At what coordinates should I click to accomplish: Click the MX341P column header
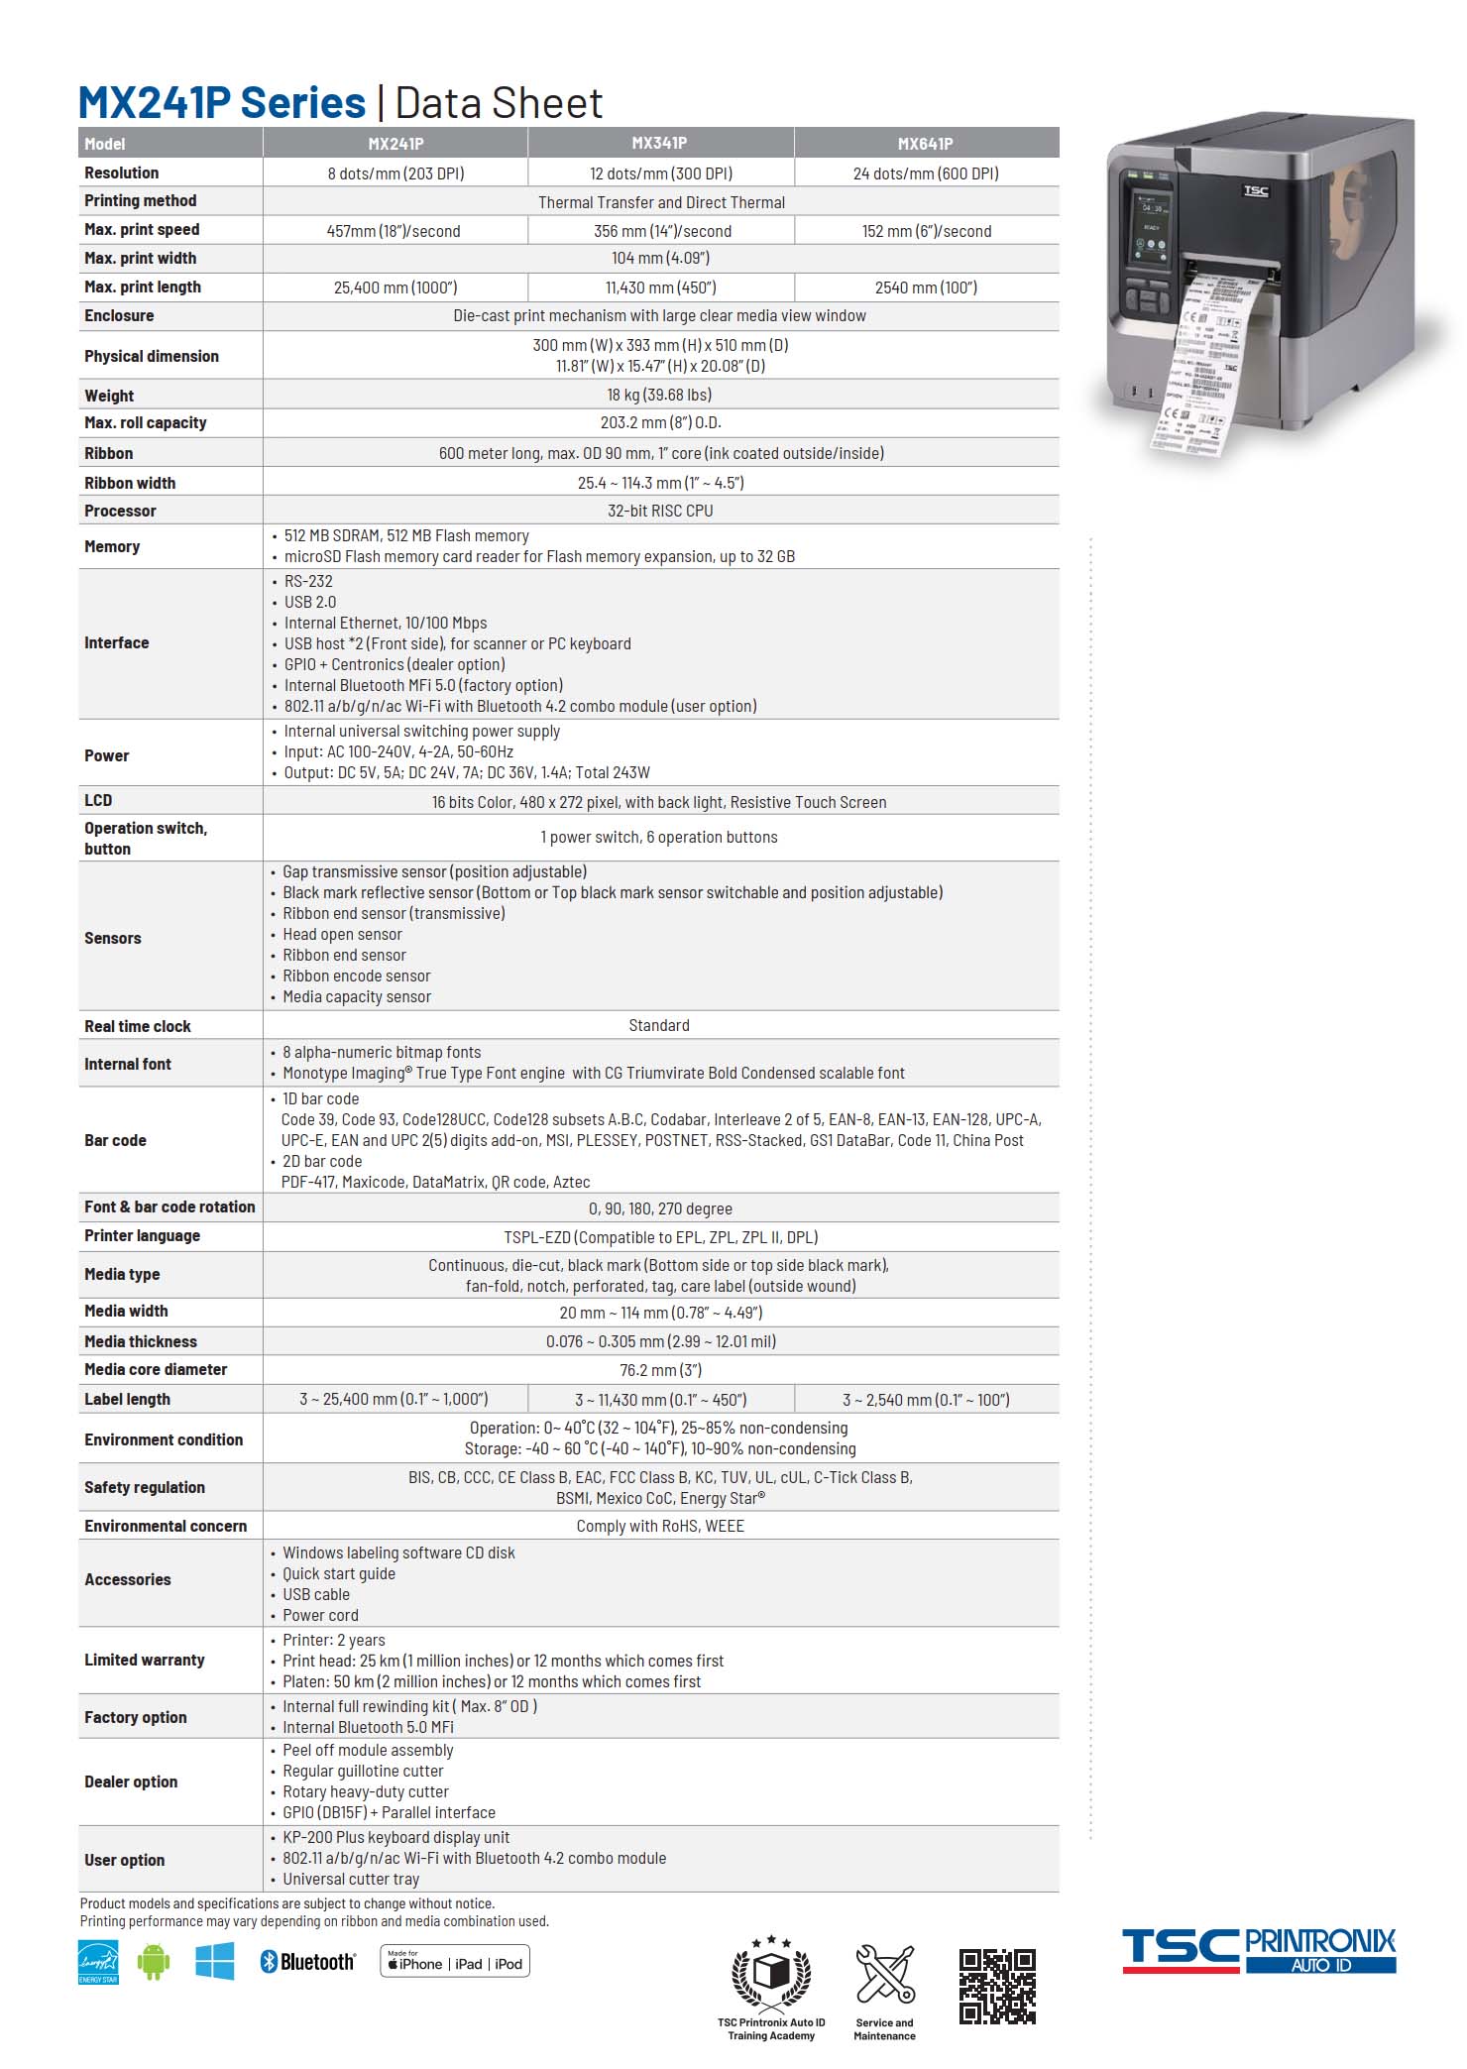tap(659, 144)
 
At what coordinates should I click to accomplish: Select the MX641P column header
tap(925, 144)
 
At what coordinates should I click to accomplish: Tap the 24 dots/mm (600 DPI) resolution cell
tap(926, 173)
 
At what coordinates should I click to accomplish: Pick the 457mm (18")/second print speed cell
tap(394, 231)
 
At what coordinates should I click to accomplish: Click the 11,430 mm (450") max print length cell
tap(660, 287)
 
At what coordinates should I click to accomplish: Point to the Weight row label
tap(109, 396)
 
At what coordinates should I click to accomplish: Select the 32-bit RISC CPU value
tap(660, 511)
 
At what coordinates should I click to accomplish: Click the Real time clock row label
tap(138, 1026)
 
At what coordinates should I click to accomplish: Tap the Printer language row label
tap(142, 1235)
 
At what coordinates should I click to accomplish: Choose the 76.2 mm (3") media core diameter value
tap(660, 1370)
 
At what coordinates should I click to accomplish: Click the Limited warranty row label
tap(145, 1660)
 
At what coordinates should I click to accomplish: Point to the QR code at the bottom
tap(997, 1986)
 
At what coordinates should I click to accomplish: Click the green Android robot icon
tap(154, 1963)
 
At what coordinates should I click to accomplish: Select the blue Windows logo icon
tap(215, 1961)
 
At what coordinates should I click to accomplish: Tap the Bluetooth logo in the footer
tap(307, 1962)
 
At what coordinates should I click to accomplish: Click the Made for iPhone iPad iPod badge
tap(455, 1962)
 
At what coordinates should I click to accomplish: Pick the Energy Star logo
tap(98, 1963)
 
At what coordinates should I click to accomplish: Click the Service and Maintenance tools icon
tap(884, 1974)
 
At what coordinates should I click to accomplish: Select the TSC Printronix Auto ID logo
tap(1259, 1951)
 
